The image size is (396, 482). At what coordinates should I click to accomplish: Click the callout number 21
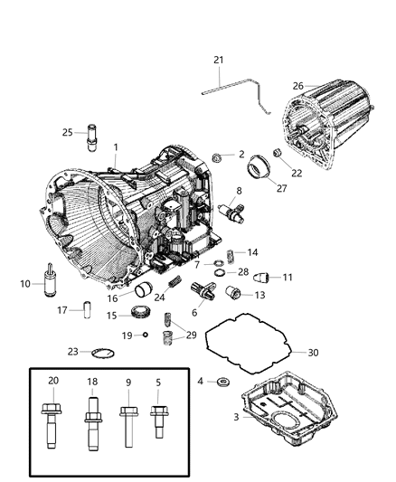pyautogui.click(x=217, y=61)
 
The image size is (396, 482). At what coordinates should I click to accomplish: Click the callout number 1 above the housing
pyautogui.click(x=115, y=146)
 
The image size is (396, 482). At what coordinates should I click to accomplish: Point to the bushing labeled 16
pyautogui.click(x=144, y=290)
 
